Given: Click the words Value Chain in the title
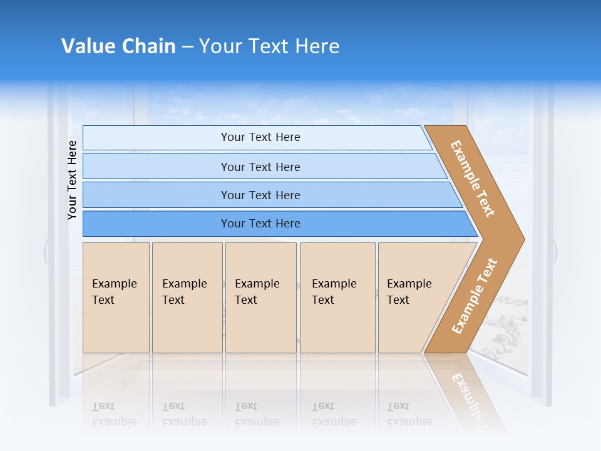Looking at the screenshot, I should (x=118, y=46).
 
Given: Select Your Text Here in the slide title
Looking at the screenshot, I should (x=269, y=46).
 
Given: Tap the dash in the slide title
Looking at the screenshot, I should (x=187, y=47).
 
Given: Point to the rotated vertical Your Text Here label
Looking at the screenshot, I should (x=73, y=180).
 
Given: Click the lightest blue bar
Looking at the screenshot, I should (x=157, y=138).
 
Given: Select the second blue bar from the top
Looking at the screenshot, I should (x=157, y=167).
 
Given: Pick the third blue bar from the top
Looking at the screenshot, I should (x=157, y=195).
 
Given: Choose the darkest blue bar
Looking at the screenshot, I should (x=157, y=224).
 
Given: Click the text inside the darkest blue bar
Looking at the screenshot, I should (x=260, y=224).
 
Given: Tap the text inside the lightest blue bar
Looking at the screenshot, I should (x=260, y=137).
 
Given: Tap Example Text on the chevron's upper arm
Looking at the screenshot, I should (x=473, y=179).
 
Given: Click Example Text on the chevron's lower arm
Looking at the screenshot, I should (x=474, y=296).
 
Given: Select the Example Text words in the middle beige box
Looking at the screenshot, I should (x=257, y=292).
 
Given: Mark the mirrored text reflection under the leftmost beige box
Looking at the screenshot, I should (x=114, y=414).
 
